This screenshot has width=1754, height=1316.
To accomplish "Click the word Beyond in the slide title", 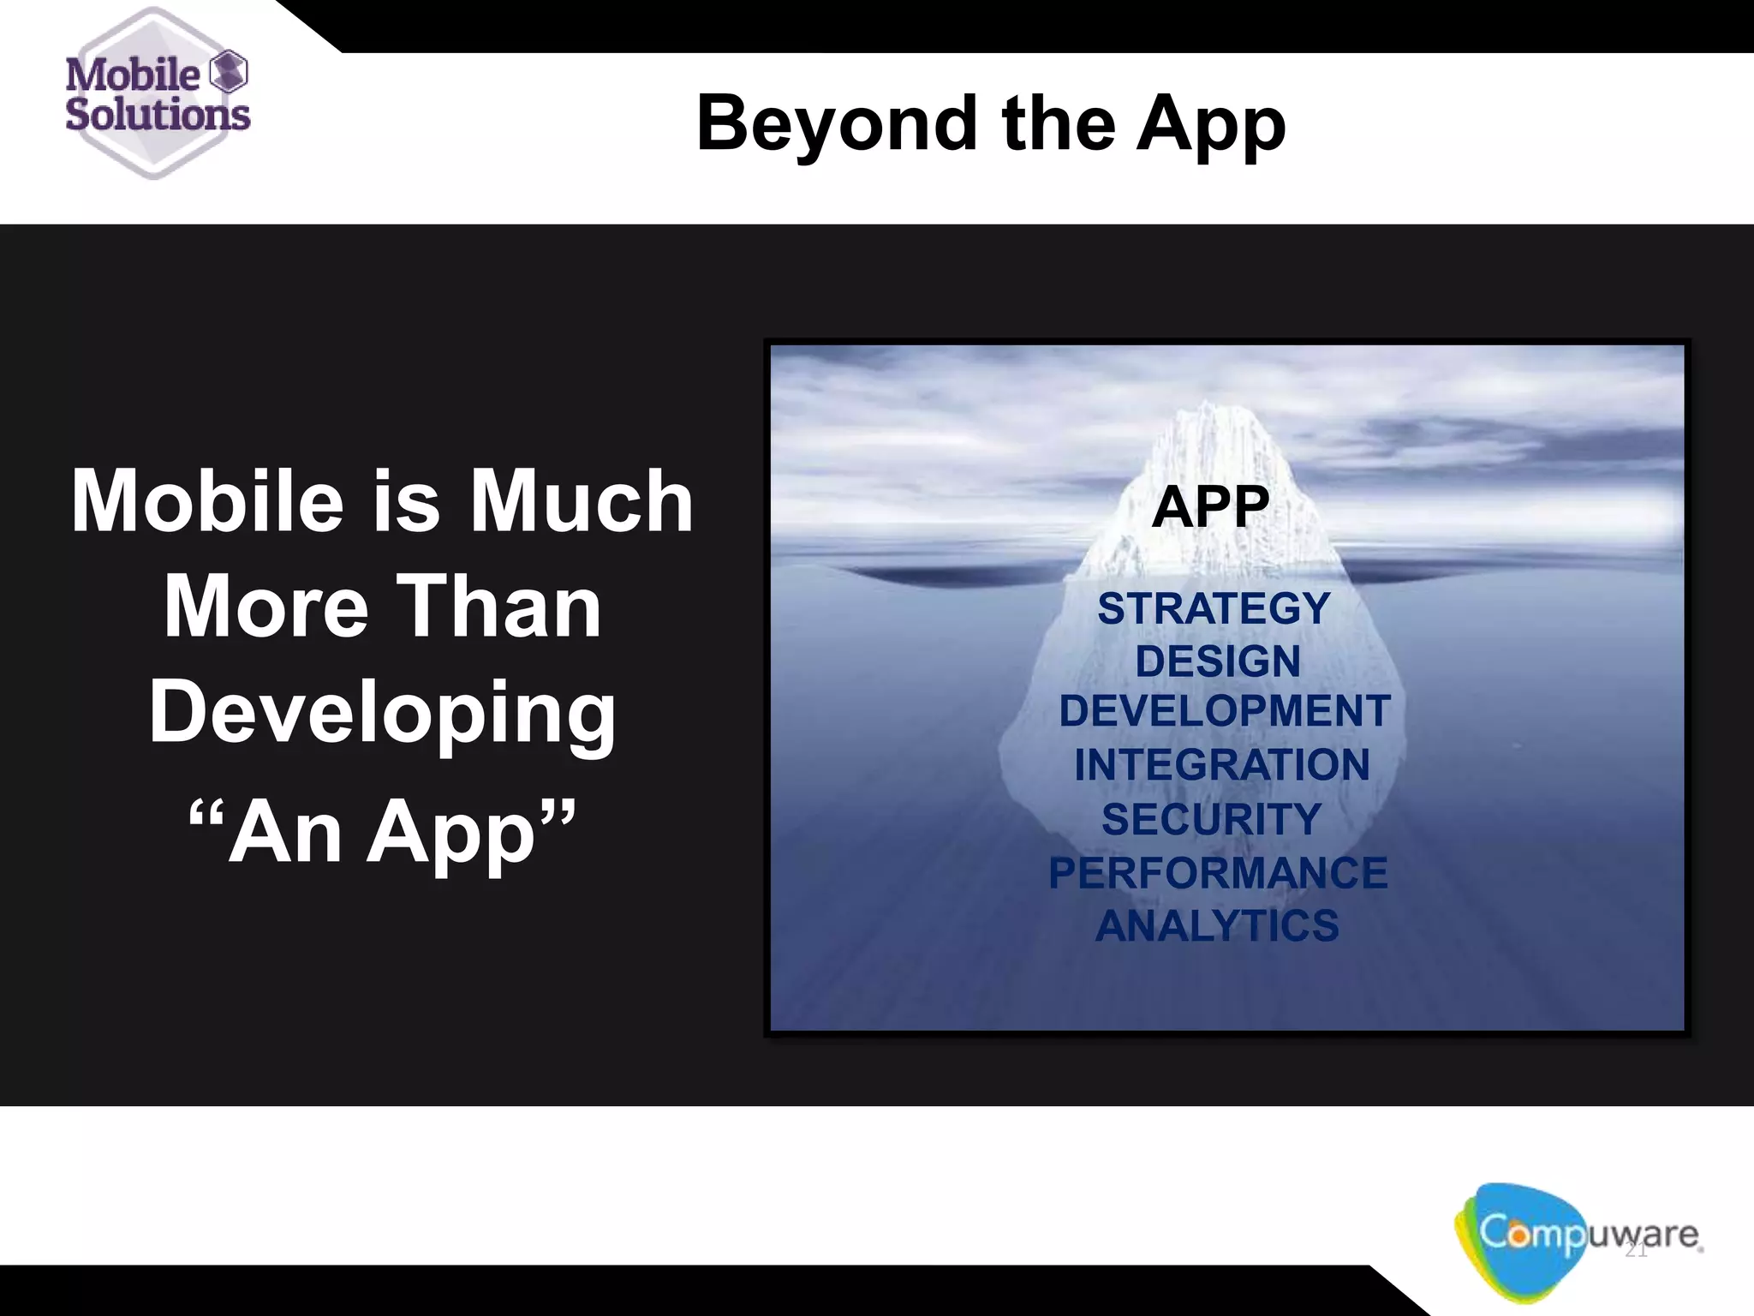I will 836,124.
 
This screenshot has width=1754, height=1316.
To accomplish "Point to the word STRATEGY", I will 1214,609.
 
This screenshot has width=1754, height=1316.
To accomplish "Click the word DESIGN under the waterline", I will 1217,661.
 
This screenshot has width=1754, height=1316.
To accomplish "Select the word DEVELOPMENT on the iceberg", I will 1224,711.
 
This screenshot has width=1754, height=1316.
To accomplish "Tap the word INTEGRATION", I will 1222,764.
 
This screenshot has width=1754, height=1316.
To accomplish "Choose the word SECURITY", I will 1211,819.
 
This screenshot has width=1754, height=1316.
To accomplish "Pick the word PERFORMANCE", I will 1218,873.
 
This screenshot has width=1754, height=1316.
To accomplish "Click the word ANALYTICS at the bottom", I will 1217,926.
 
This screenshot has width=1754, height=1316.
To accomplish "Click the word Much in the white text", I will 582,501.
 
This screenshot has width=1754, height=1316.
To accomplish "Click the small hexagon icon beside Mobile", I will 229,71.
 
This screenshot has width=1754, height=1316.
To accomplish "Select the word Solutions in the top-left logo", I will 158,114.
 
